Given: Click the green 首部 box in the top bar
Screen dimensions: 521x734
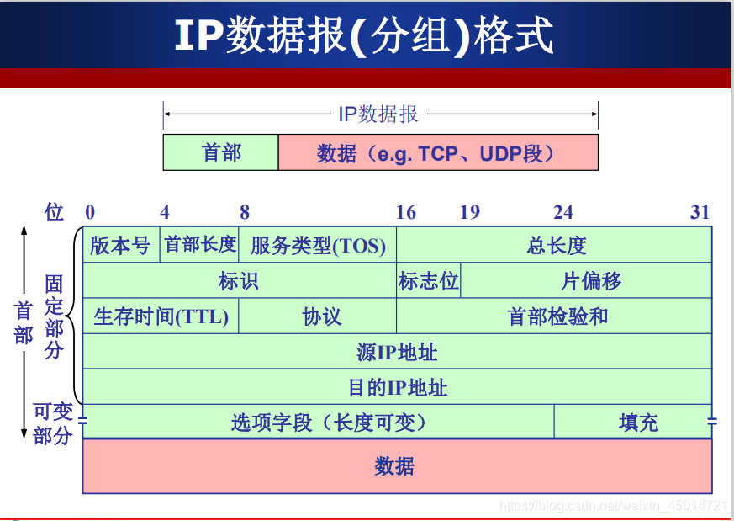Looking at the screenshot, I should coord(221,152).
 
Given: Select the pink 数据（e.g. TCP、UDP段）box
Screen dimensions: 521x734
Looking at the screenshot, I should coord(437,152).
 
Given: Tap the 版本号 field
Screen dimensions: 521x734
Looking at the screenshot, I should coord(120,245).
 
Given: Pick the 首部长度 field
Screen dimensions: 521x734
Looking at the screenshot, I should coord(200,244).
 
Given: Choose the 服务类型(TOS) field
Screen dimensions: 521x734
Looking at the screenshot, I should coord(318,245).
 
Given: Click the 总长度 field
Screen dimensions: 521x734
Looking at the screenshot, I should coord(555,245).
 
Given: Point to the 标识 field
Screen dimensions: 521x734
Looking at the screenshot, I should coord(239,280).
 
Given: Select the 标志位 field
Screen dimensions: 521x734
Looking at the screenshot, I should coord(429,280).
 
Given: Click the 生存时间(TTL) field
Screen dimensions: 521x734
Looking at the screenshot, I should coord(161,316).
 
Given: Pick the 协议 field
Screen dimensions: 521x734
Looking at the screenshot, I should coord(318,316).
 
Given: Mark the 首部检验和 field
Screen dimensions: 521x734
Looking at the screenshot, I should coord(555,316).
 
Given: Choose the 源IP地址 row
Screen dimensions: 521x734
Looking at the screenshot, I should coord(397,351).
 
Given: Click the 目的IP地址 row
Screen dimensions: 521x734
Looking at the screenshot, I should coord(397,387).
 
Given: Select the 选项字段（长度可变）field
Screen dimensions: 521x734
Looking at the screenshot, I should coord(328,422).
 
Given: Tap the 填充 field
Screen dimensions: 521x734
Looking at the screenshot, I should coord(638,422).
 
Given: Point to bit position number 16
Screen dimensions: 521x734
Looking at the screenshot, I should coord(406,212).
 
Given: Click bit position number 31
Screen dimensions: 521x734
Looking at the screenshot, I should coord(700,212).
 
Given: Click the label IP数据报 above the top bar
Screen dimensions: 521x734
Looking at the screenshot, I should coord(378,114).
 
